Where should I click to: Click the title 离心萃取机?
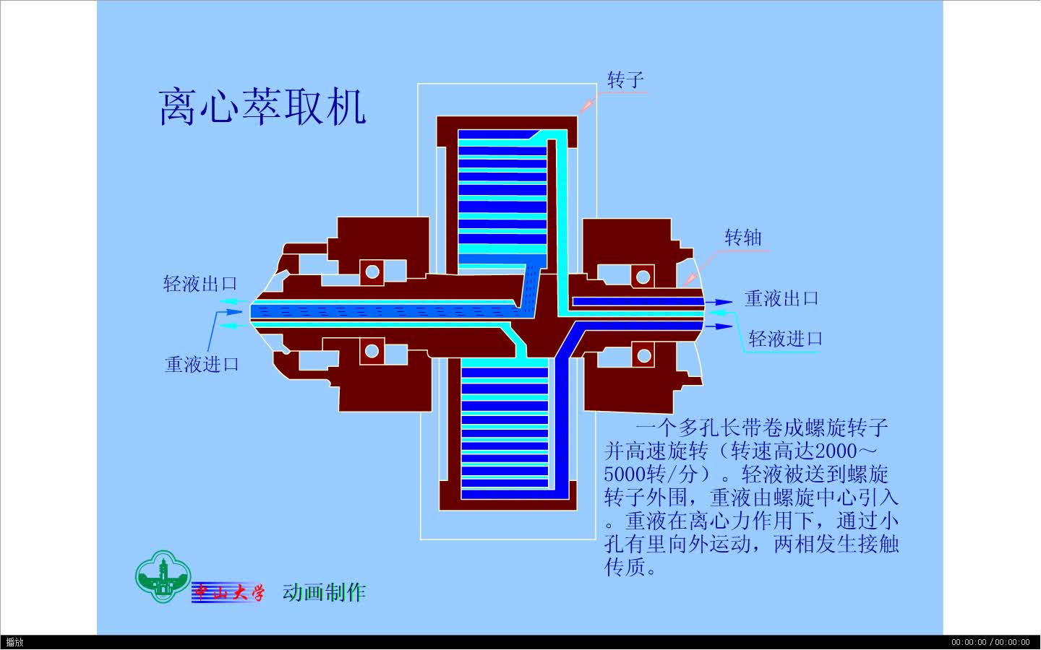(x=262, y=108)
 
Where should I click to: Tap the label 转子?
(x=625, y=79)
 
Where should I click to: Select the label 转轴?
(x=742, y=238)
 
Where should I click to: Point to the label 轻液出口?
(x=200, y=284)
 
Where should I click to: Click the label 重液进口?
(x=202, y=364)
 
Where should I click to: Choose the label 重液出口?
(x=781, y=298)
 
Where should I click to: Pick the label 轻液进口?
(x=785, y=338)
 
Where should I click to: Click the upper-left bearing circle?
(x=372, y=272)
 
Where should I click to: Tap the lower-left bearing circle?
(x=372, y=351)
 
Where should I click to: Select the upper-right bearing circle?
(x=642, y=276)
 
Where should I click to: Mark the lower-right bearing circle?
(x=643, y=355)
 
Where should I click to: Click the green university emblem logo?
(x=162, y=576)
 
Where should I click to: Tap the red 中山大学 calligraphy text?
(x=228, y=593)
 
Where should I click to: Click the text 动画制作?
(x=324, y=592)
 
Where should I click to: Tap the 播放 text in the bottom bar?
(x=14, y=642)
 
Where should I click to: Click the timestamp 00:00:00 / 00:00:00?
(x=990, y=642)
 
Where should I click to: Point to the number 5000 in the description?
(x=624, y=474)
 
